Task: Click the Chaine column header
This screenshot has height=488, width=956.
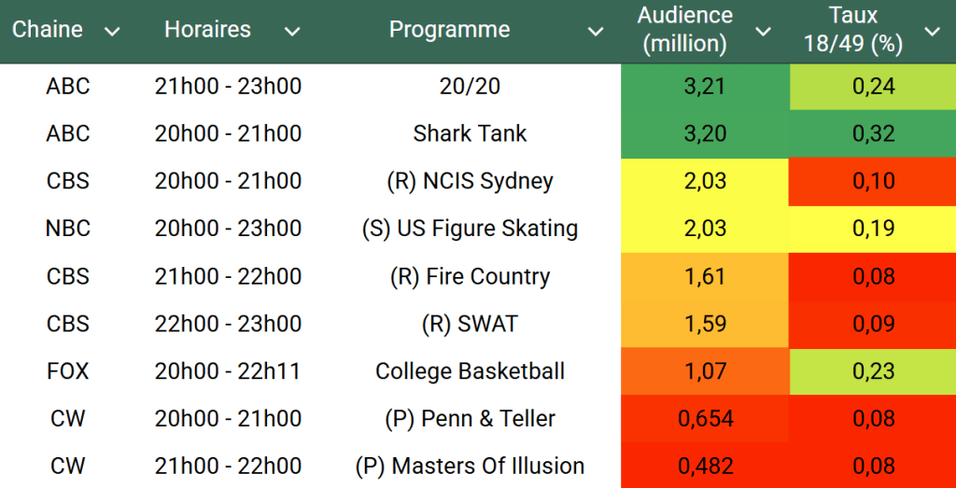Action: coord(48,30)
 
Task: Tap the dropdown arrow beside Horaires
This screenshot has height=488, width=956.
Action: coord(292,32)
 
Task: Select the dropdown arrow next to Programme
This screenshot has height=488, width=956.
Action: coord(595,32)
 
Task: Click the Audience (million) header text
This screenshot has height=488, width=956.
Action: coord(685,30)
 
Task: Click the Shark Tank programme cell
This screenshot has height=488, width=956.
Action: coord(470,133)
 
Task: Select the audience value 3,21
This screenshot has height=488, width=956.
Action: coord(705,87)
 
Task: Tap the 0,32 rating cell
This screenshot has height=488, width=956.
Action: coord(873,133)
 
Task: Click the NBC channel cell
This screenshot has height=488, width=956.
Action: coord(68,229)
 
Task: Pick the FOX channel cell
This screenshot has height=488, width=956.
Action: coord(68,371)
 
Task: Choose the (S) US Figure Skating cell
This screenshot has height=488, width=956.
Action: coord(470,229)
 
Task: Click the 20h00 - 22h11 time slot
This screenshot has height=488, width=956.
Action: coord(228,371)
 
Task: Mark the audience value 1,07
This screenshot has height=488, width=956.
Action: coord(705,371)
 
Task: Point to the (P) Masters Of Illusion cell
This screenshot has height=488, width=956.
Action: coord(470,467)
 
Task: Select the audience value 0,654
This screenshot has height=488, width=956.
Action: coord(705,419)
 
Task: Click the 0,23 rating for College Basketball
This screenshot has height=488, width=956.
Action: coord(873,371)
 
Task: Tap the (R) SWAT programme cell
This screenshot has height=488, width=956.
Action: coord(470,324)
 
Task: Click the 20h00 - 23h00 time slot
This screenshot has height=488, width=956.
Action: coord(228,229)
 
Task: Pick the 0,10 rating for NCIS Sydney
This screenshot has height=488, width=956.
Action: coord(873,181)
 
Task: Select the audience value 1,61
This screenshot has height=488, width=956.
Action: coord(705,276)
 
